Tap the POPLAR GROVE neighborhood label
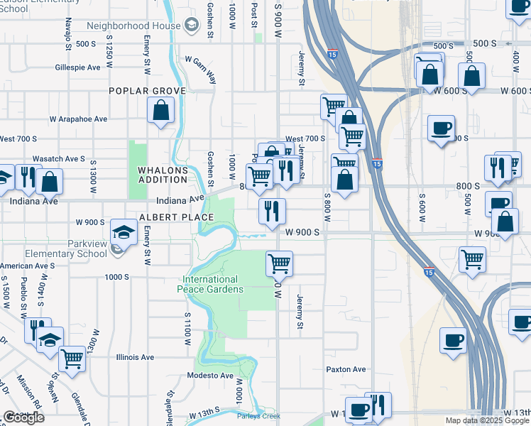[x=147, y=91]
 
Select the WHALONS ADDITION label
[x=163, y=175]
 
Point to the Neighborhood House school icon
[x=191, y=26]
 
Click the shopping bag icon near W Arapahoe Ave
[x=161, y=110]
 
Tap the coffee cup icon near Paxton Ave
[x=453, y=339]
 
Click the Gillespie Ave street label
[x=77, y=68]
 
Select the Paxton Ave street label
[x=346, y=369]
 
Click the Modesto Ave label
[x=210, y=376]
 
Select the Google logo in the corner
[x=23, y=417]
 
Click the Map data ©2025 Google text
[x=486, y=420]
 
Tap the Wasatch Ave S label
[x=58, y=159]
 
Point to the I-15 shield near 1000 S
[x=428, y=271]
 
